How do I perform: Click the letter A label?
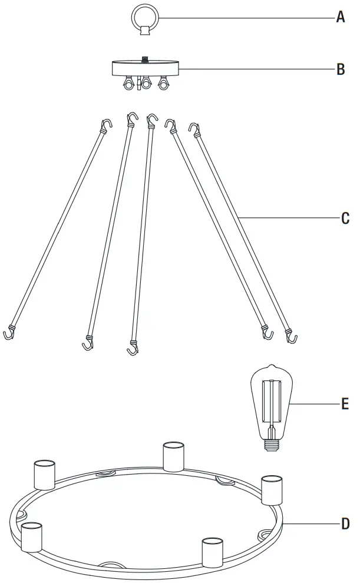coord(340,18)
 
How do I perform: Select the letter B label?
coord(340,69)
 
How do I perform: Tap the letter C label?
coord(345,218)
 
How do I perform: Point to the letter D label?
coord(345,523)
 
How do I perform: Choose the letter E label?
coord(345,403)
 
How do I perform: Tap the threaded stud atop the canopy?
coord(144,59)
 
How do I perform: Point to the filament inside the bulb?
coord(271,400)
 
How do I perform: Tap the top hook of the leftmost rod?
coord(106,124)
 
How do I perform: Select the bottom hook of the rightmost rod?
coord(291,337)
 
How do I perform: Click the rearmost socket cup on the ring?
coord(173,456)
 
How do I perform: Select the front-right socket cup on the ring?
coord(212,552)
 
